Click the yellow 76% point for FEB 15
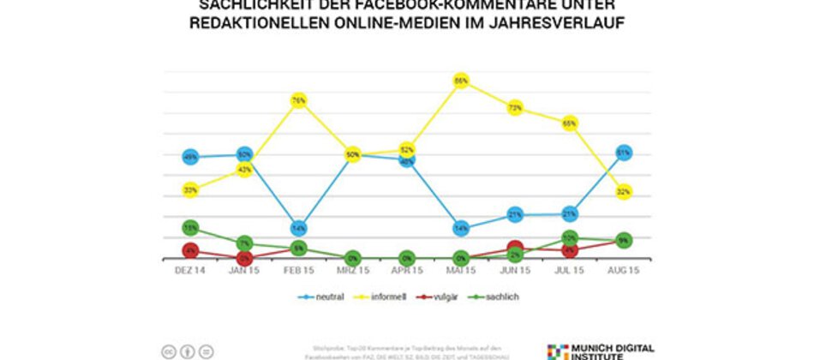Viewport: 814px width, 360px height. (299, 100)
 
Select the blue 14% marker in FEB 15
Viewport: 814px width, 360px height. (299, 228)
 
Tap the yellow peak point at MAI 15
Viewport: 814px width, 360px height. (461, 81)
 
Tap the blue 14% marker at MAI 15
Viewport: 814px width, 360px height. (461, 229)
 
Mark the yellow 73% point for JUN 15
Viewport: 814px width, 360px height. (515, 108)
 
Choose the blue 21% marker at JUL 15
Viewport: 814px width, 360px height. (569, 213)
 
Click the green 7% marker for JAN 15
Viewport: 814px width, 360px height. (245, 244)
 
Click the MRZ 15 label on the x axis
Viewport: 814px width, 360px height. (353, 270)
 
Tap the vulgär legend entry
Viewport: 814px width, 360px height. (440, 297)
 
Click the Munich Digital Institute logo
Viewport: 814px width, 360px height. (600, 351)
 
